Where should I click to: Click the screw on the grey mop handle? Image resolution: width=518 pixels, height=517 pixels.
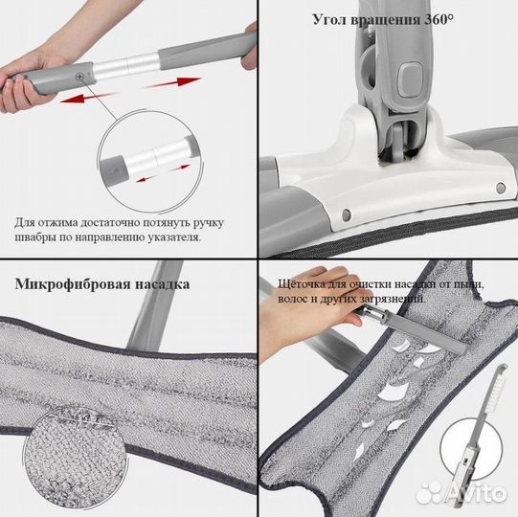(79, 77)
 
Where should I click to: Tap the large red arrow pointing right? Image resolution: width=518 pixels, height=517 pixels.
(171, 82)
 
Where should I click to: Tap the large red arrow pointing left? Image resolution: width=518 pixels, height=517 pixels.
(89, 98)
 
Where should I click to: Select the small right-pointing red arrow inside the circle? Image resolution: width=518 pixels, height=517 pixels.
(180, 169)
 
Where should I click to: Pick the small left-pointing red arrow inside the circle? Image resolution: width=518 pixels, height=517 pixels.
(146, 179)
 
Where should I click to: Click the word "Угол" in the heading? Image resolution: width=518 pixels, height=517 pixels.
(329, 20)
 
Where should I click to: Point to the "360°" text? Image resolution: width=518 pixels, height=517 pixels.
(439, 19)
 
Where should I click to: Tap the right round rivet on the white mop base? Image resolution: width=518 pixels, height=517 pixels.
(501, 189)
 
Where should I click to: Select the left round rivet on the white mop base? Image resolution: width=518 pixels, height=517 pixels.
(347, 214)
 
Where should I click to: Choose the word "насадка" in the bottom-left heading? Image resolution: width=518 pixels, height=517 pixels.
(163, 284)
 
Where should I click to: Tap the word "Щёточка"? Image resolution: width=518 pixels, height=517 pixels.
(302, 284)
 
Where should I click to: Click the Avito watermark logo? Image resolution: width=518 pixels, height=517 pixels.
(462, 493)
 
